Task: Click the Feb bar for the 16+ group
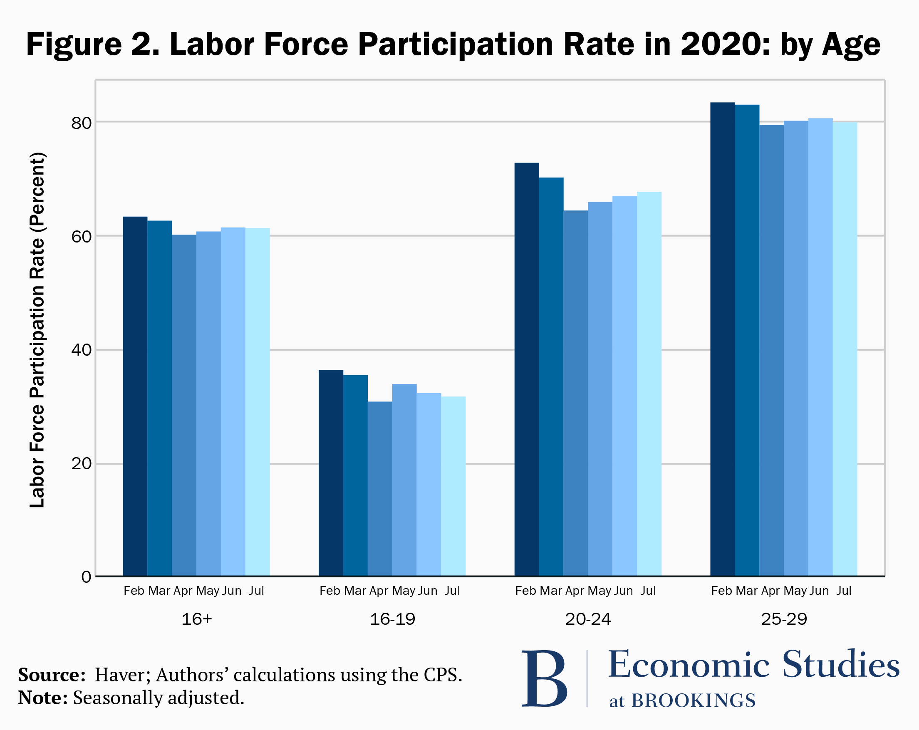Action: click(135, 396)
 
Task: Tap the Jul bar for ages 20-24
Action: click(649, 384)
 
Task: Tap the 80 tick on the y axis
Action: click(82, 123)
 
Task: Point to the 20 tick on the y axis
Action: click(82, 463)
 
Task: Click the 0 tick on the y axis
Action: click(86, 577)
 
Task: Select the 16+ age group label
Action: click(196, 619)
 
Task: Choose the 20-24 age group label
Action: click(588, 619)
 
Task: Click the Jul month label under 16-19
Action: click(452, 591)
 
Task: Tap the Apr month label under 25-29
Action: click(770, 591)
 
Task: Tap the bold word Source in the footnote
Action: click(52, 675)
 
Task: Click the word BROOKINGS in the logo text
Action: click(693, 700)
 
